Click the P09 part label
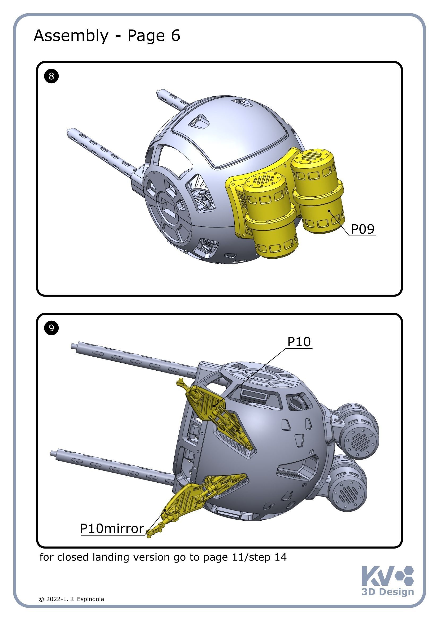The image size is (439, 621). [362, 229]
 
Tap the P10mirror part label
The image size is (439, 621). [112, 529]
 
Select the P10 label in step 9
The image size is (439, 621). [299, 342]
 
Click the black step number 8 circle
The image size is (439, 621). [51, 76]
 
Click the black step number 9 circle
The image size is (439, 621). [51, 328]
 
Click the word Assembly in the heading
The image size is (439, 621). [71, 36]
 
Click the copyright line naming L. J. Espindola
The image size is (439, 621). [71, 599]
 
